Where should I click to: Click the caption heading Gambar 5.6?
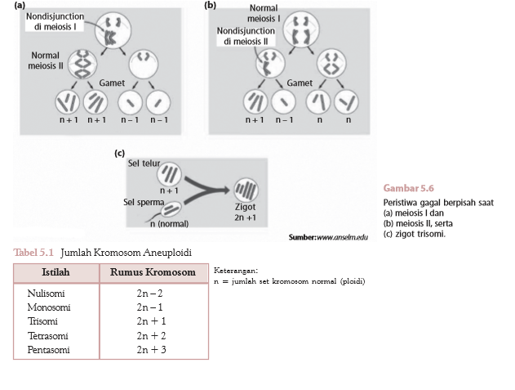pyautogui.click(x=408, y=188)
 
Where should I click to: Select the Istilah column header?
pyautogui.click(x=56, y=272)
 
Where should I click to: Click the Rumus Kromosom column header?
pyautogui.click(x=153, y=272)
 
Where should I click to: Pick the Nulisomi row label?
pyautogui.click(x=46, y=293)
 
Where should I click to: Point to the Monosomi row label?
pyautogui.click(x=49, y=307)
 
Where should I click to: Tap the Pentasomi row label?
pyautogui.click(x=49, y=349)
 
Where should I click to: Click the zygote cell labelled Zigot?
pyautogui.click(x=245, y=191)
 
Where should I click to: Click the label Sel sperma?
pyautogui.click(x=144, y=201)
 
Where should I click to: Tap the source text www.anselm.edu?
pyautogui.click(x=340, y=236)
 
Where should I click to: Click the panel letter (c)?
pyautogui.click(x=119, y=152)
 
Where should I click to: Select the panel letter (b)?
pyautogui.click(x=211, y=5)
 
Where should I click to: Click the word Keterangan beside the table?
pyautogui.click(x=235, y=270)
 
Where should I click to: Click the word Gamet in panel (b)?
pyautogui.click(x=300, y=83)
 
